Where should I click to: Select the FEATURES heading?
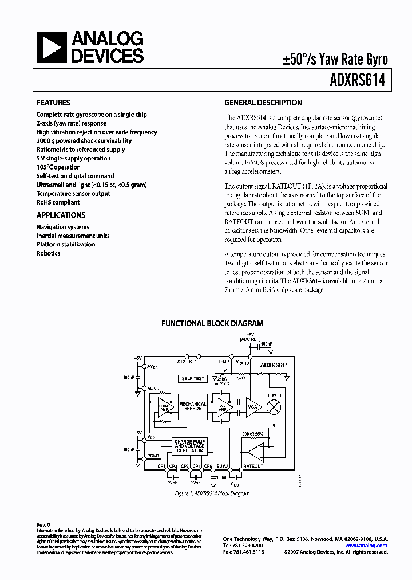tap(53, 103)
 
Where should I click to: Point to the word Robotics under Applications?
tap(49, 253)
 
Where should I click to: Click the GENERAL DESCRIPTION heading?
tap(263, 103)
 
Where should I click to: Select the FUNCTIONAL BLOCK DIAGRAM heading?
tap(212, 323)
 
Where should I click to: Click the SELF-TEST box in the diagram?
tap(192, 379)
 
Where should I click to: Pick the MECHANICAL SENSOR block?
tap(193, 406)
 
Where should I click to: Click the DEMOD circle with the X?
tap(275, 406)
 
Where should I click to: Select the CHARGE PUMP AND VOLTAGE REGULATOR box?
tap(189, 446)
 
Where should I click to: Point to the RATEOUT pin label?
tap(253, 466)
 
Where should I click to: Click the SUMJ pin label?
tap(223, 466)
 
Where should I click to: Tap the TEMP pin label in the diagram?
tap(223, 362)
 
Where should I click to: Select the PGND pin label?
tap(153, 456)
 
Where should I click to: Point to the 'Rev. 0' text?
tap(43, 524)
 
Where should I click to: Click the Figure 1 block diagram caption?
tap(212, 493)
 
